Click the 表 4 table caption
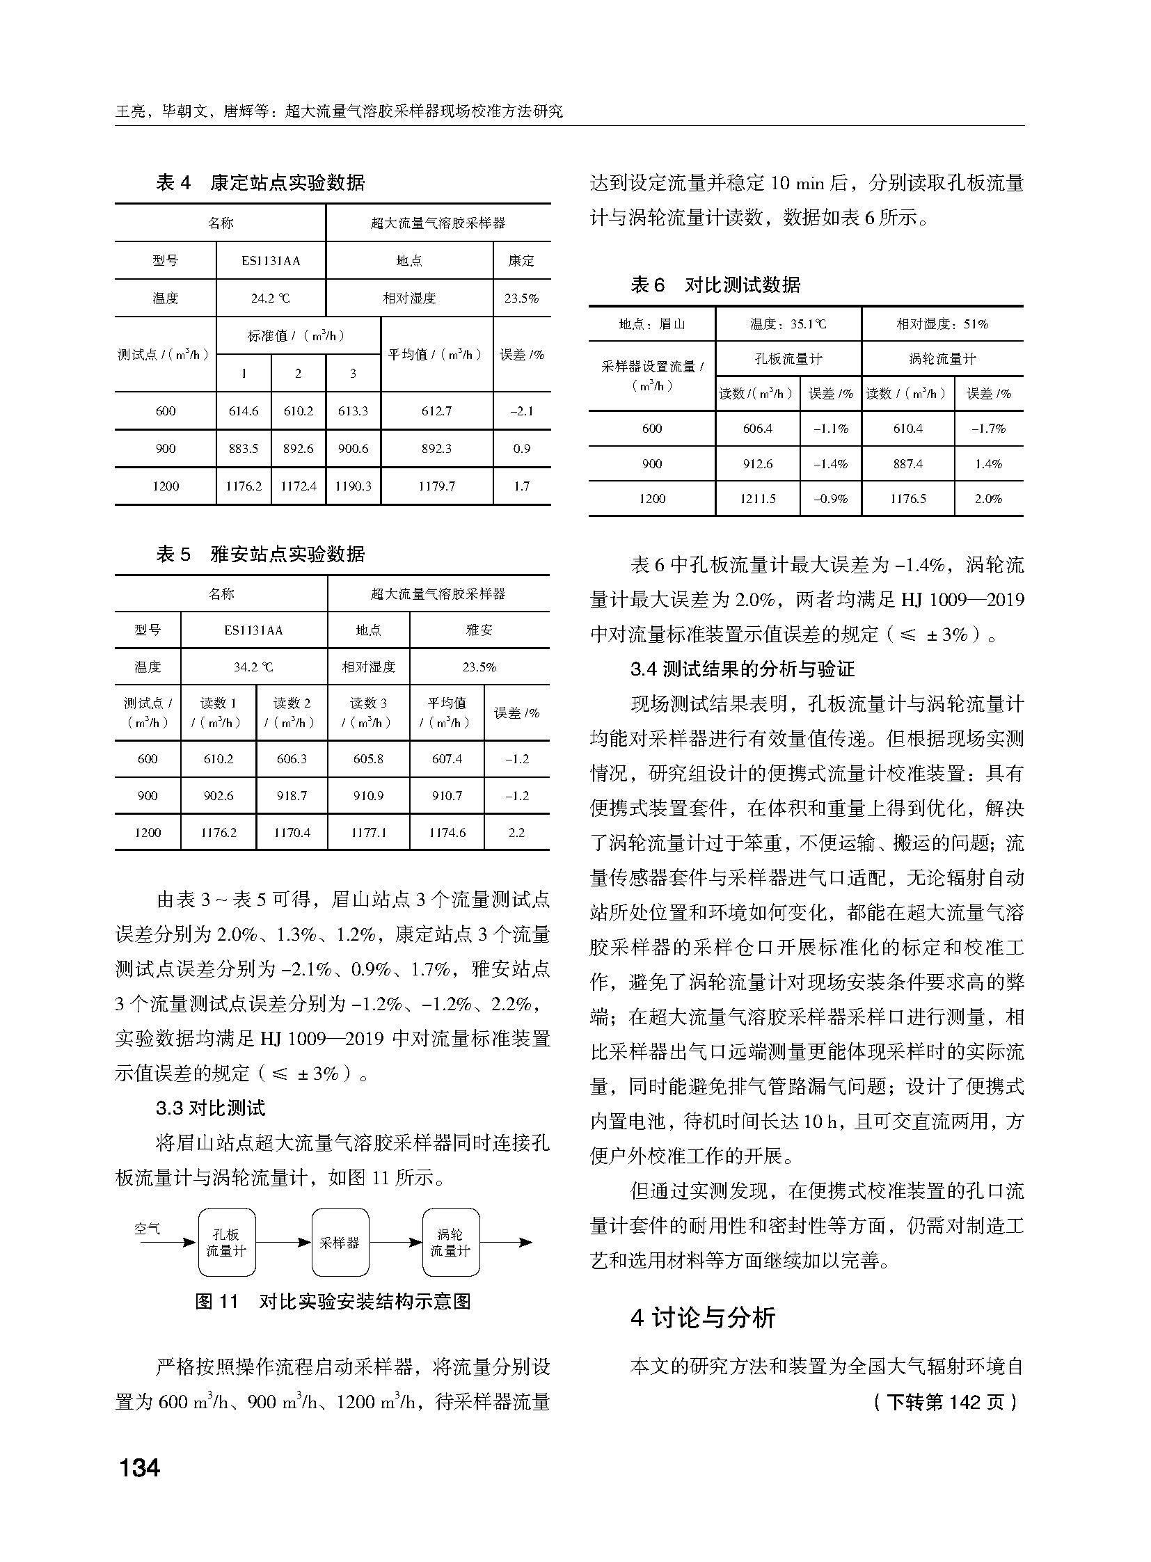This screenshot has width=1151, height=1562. coord(260,182)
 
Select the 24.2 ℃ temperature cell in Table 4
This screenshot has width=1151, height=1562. coord(270,298)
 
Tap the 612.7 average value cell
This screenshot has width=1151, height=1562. coord(436,411)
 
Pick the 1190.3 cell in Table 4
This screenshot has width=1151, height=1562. coord(353,486)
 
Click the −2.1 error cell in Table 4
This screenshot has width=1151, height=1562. coord(521,411)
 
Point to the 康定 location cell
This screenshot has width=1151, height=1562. coord(521,261)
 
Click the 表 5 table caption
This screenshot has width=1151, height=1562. coord(260,554)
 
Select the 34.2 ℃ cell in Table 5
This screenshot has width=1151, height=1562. coord(253,667)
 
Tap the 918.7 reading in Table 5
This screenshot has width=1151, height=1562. coord(292,796)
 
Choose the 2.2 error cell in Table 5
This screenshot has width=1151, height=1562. coord(516,833)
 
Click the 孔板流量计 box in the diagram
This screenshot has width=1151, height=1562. coord(226,1242)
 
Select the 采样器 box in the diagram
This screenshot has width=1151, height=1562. coord(340,1242)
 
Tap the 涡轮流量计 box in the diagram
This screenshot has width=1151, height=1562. coord(450,1242)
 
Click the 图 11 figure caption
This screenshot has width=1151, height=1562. coord(333,1301)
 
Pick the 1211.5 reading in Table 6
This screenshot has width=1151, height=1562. coord(757,499)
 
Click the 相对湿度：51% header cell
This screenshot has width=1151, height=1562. coord(942,324)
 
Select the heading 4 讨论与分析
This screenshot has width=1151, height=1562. coord(702,1318)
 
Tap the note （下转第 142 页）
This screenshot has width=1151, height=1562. coord(945,1402)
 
